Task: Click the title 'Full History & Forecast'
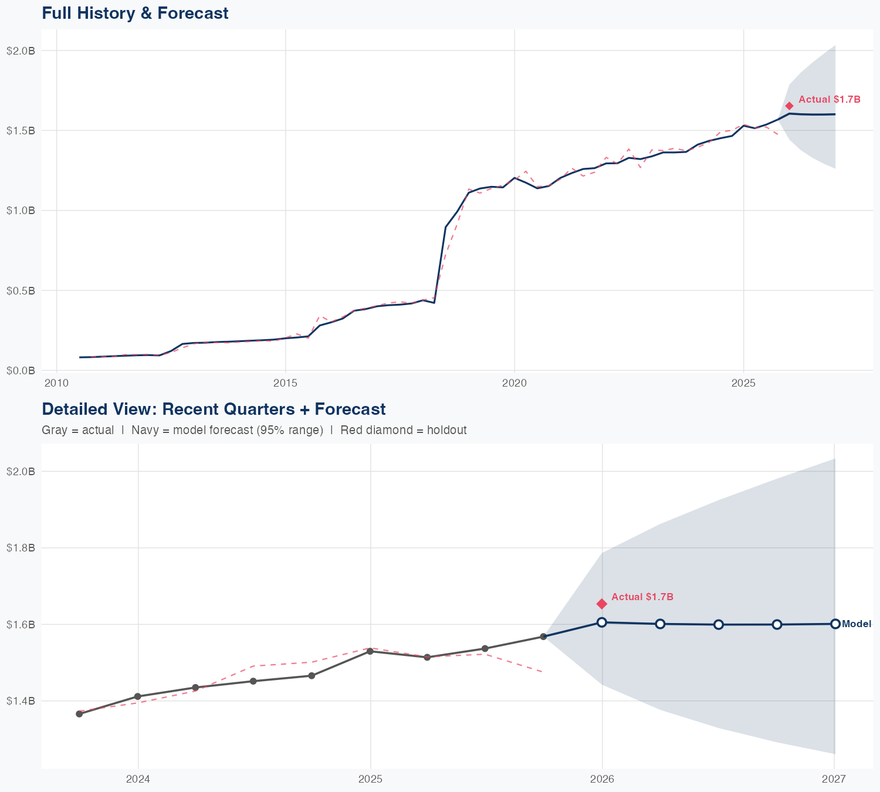click(x=135, y=13)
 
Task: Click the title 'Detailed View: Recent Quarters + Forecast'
click(x=214, y=409)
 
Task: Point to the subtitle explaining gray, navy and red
click(x=254, y=430)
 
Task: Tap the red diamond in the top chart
click(x=789, y=106)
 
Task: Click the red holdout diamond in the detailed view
click(x=602, y=604)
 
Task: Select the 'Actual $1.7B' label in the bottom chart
click(x=642, y=597)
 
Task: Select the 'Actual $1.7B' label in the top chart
click(x=830, y=100)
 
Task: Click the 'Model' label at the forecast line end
click(x=856, y=624)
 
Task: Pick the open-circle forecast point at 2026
click(x=602, y=622)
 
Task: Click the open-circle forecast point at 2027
click(x=835, y=624)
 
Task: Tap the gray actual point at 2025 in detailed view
click(x=370, y=651)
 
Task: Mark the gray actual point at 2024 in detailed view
click(x=138, y=696)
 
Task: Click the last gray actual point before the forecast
click(x=543, y=637)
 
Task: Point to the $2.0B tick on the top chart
click(x=21, y=51)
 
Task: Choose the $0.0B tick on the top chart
click(x=21, y=371)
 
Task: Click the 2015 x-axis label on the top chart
click(x=286, y=383)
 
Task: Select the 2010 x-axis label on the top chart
click(x=56, y=383)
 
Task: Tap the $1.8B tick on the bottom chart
click(x=21, y=548)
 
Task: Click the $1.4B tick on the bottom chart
click(x=21, y=701)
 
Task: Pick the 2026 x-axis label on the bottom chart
click(x=602, y=779)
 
